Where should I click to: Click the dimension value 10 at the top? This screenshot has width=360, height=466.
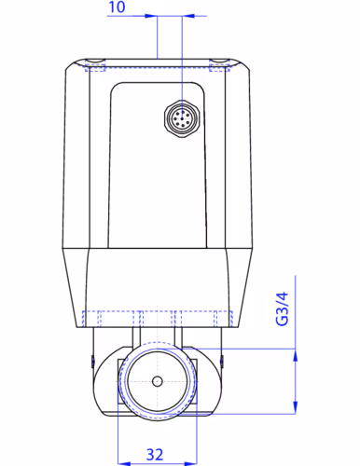[x=117, y=7]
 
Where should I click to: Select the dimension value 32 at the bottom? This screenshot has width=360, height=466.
[x=155, y=455]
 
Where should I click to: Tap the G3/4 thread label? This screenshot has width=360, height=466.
[x=283, y=308]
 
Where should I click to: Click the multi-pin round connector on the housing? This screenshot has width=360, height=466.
[x=182, y=118]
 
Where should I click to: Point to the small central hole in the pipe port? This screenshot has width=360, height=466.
[x=158, y=381]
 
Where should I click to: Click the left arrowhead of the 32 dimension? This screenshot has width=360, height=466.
[x=124, y=463]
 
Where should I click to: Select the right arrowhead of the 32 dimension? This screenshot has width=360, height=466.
[x=191, y=463]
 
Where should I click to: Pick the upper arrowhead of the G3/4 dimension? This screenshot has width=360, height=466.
[x=295, y=355]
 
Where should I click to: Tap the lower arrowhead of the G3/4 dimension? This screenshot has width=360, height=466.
[x=295, y=407]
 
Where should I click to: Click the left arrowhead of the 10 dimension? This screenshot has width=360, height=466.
[x=151, y=16]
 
